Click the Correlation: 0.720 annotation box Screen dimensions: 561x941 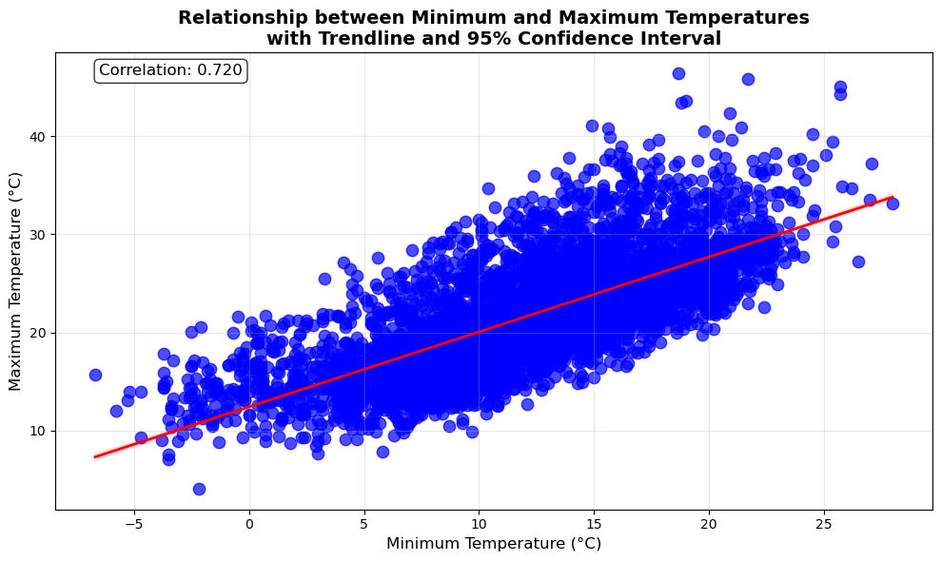[170, 70]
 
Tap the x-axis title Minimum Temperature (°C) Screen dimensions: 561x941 [493, 544]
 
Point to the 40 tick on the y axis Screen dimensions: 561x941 [40, 137]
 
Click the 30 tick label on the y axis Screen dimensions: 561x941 [40, 235]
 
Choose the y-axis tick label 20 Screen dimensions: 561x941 [40, 333]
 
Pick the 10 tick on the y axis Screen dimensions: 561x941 [40, 431]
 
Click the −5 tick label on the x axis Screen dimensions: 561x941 [134, 521]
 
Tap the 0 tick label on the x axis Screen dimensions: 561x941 [249, 521]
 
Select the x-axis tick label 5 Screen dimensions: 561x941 [364, 521]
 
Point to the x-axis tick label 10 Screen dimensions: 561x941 [479, 521]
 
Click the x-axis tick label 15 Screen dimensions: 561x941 [594, 521]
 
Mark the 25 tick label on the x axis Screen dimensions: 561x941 [823, 521]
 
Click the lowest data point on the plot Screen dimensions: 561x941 [199, 489]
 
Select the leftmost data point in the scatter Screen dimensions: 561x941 [95, 375]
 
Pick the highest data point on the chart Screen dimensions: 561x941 [678, 73]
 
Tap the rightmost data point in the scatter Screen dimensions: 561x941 [892, 203]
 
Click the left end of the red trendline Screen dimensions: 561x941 [95, 456]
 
